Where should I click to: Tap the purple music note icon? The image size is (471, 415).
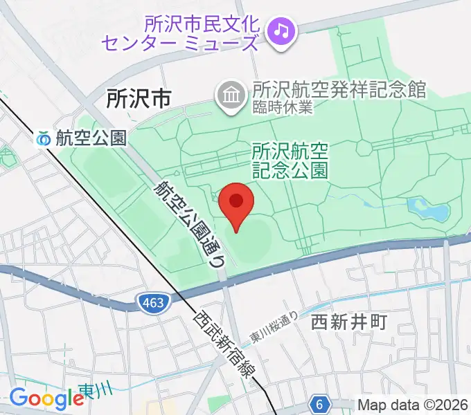point(281,30)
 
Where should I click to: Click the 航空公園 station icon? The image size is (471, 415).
point(44,138)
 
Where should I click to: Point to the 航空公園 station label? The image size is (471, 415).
point(91,138)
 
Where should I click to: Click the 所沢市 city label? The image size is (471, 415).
point(139,99)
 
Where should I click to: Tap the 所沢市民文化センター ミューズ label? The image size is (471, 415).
point(181,32)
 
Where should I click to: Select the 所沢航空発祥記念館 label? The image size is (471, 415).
point(339,90)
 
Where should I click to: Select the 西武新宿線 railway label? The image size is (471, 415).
point(224,345)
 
